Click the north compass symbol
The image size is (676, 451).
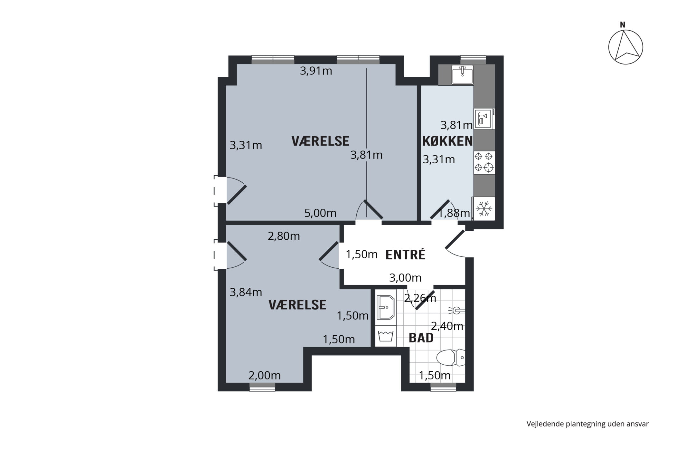click(x=625, y=47)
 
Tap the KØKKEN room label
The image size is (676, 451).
click(x=447, y=141)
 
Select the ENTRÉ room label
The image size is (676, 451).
click(x=406, y=254)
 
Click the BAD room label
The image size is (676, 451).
click(x=421, y=338)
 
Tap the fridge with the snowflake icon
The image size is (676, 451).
click(x=484, y=209)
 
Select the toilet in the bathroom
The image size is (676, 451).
click(x=451, y=358)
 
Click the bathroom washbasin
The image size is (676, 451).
click(x=386, y=308)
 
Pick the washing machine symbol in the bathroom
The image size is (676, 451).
click(x=386, y=336)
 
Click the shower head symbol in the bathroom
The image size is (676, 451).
click(x=457, y=311)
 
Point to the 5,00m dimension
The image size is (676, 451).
click(x=320, y=213)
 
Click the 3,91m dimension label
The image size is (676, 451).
click(x=316, y=71)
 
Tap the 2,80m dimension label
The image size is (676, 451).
click(x=284, y=236)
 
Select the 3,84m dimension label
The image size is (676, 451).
click(x=246, y=292)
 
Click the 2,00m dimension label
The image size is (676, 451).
click(x=265, y=375)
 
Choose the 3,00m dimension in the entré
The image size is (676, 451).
click(x=405, y=277)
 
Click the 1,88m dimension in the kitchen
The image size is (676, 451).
click(x=454, y=213)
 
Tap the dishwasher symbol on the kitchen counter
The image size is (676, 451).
click(x=484, y=119)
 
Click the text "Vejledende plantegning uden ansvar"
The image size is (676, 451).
click(x=587, y=424)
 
